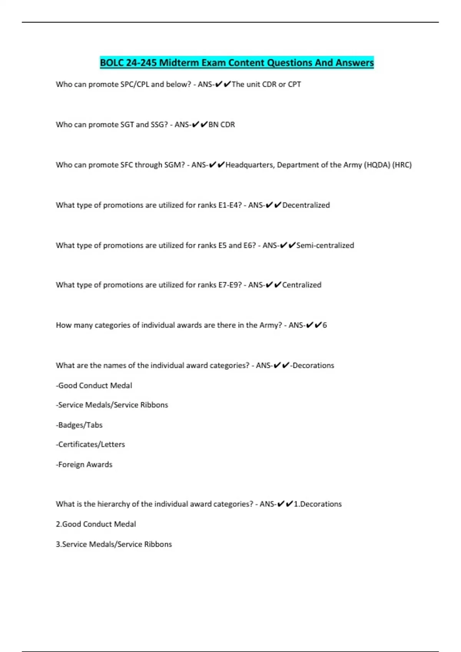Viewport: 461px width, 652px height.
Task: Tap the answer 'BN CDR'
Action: coord(222,125)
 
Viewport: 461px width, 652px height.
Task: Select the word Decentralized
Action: coord(306,205)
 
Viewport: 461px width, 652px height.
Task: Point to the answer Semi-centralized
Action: coord(325,245)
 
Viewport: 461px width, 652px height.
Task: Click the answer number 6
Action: coord(325,325)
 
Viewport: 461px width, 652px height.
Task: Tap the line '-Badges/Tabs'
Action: coord(79,425)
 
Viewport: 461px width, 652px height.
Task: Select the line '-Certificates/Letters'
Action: coord(90,445)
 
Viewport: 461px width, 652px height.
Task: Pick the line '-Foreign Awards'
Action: coord(84,464)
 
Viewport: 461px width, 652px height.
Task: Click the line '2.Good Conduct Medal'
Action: coord(96,524)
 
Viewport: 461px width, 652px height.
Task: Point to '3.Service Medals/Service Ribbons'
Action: coord(114,544)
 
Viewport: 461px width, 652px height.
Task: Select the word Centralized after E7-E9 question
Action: coord(302,285)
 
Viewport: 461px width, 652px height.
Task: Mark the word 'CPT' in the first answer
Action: coord(294,84)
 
